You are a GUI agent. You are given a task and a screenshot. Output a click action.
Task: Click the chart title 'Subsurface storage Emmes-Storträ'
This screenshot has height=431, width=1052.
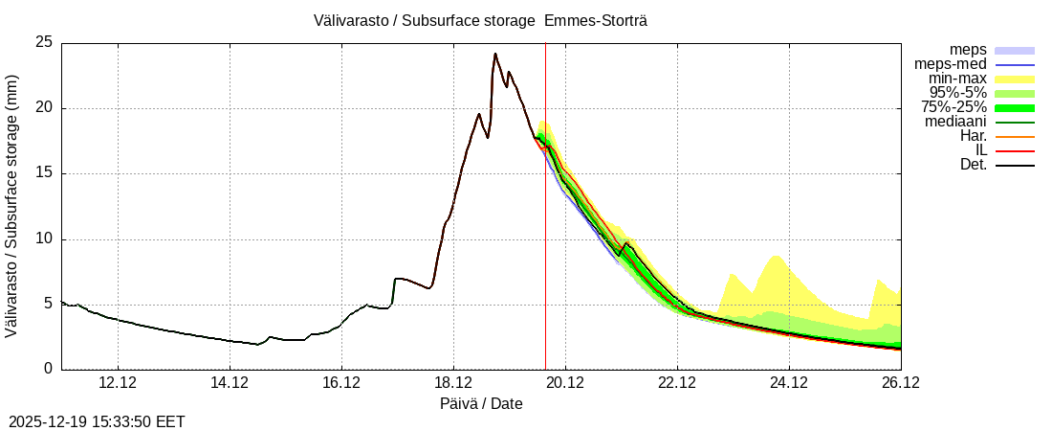tap(480, 20)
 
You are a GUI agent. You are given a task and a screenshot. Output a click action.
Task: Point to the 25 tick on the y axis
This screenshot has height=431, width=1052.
tap(44, 42)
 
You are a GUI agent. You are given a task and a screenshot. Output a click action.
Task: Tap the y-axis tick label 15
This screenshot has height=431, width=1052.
tap(44, 173)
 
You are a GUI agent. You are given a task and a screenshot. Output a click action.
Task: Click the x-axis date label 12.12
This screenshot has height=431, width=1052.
tap(118, 383)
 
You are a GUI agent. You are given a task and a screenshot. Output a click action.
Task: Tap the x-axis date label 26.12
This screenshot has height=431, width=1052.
tap(900, 383)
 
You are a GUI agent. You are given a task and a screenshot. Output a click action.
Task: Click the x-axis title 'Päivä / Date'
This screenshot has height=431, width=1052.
tap(481, 403)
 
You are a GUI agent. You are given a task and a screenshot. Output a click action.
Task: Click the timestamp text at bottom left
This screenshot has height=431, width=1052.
tap(97, 421)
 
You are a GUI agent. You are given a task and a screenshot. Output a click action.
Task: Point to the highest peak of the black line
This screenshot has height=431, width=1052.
tap(495, 54)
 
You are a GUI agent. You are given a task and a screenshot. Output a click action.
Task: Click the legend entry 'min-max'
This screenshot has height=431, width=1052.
tap(955, 79)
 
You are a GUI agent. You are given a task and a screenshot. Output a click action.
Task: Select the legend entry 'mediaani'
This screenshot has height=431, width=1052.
tap(955, 122)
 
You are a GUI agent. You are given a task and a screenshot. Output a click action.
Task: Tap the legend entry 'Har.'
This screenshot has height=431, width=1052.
tap(972, 136)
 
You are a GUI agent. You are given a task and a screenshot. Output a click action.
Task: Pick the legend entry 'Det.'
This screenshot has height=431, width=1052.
tap(973, 165)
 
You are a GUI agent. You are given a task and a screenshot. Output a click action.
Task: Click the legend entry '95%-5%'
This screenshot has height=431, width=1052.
tap(953, 93)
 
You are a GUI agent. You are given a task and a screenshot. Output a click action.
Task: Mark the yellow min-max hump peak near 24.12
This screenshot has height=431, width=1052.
tap(776, 256)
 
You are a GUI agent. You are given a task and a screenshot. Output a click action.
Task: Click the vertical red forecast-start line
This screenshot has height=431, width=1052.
tap(545, 239)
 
